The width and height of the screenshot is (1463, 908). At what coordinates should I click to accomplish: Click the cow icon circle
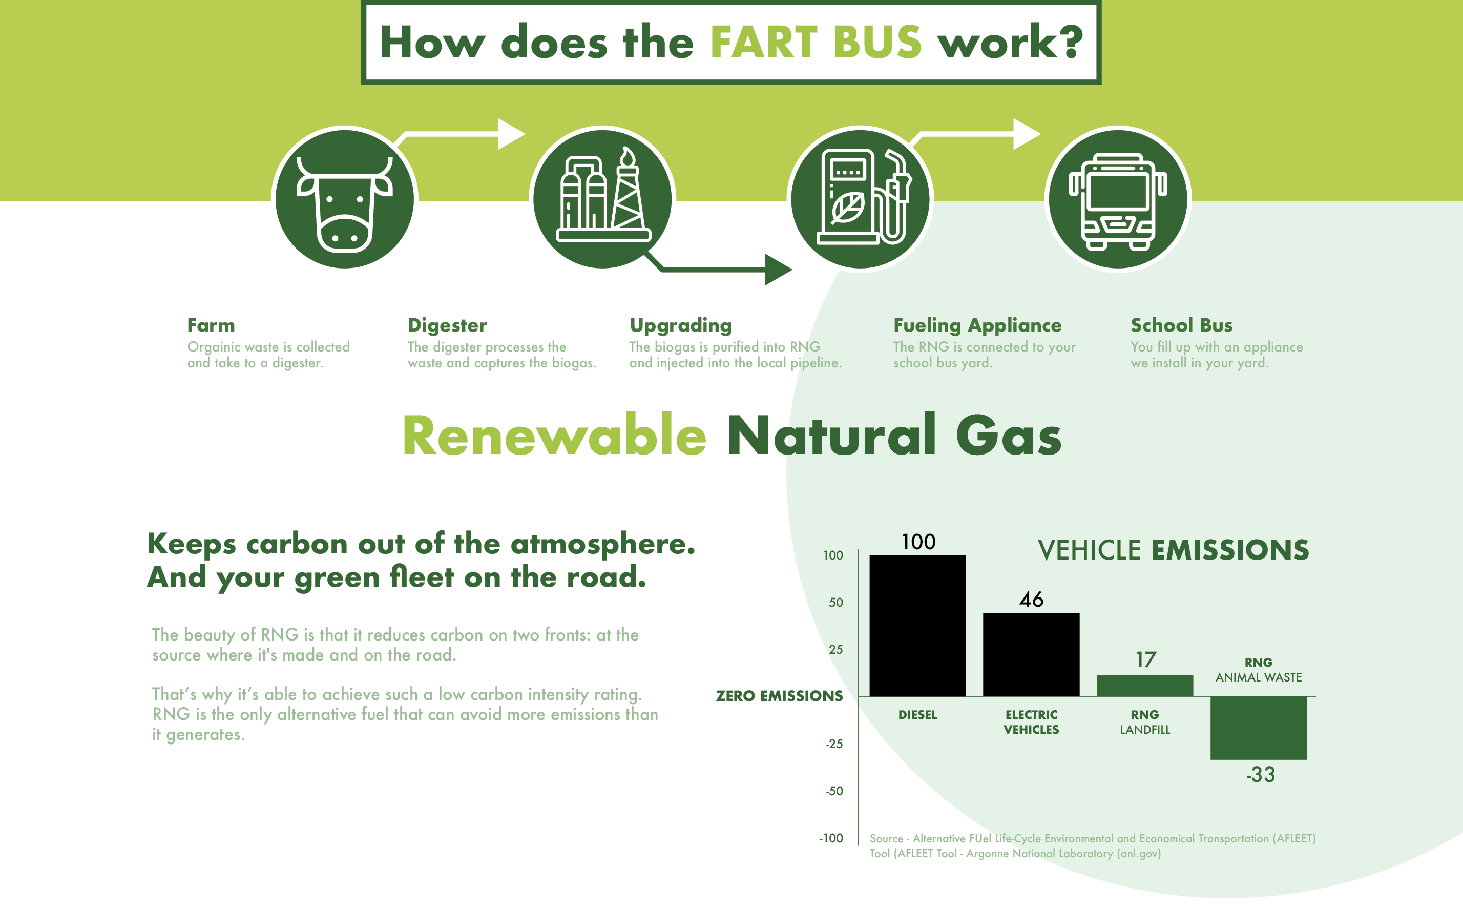tap(345, 198)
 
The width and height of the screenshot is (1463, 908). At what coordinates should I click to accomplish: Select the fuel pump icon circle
tap(860, 198)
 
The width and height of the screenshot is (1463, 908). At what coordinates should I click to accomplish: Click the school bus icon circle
tap(1118, 198)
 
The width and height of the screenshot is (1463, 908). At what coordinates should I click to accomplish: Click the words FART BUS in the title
tap(815, 43)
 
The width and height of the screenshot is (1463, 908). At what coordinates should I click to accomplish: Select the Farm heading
tap(211, 325)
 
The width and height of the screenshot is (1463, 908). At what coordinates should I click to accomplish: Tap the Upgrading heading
tap(681, 325)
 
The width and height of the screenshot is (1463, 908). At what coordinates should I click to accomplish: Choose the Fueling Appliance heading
tap(977, 325)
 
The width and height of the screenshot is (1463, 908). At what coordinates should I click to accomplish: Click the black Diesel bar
tap(917, 625)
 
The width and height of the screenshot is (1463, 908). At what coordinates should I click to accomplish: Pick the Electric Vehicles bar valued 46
tap(1031, 654)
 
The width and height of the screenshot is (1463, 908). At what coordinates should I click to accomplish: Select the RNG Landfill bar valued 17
tap(1144, 685)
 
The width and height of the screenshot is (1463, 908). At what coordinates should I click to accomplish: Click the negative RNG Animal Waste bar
tap(1258, 728)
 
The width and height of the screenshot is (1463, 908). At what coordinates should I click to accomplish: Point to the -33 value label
tap(1260, 775)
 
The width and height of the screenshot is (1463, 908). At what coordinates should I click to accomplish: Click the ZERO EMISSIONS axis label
tap(779, 696)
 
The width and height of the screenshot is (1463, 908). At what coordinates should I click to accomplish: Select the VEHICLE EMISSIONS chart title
tap(1173, 550)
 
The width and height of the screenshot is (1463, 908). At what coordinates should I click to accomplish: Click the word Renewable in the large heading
tap(554, 436)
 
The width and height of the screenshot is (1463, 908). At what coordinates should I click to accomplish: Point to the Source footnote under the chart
tap(1093, 845)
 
